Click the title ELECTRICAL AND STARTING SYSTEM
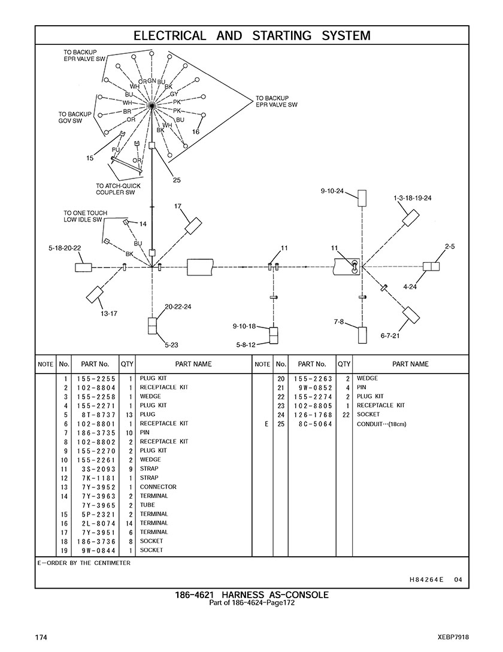tap(251, 35)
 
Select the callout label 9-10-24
tap(332, 191)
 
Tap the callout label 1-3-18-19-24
tap(413, 198)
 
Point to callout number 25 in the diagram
tap(176, 180)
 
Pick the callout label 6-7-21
tap(390, 336)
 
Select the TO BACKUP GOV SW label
tap(75, 117)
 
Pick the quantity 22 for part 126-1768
tap(346, 414)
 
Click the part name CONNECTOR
tap(158, 487)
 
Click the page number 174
tap(41, 637)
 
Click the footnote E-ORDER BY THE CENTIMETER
tap(84, 563)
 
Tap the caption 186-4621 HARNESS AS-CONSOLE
tap(251, 595)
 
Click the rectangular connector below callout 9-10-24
tap(362, 198)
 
